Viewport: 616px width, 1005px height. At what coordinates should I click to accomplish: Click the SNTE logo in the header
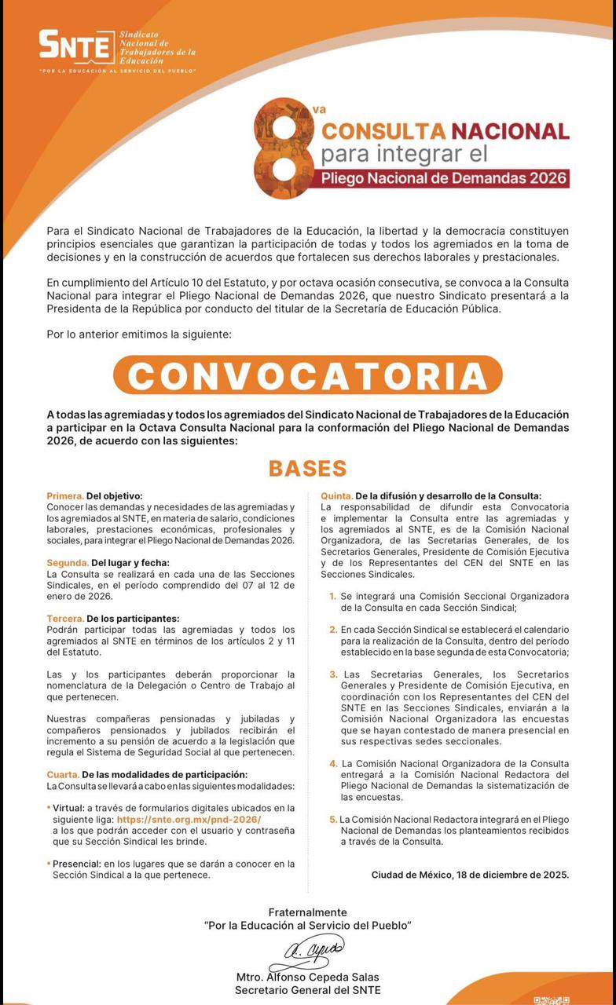77,46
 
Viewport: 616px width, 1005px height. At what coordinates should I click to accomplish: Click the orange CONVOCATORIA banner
307,375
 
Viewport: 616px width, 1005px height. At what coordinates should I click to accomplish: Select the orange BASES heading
307,469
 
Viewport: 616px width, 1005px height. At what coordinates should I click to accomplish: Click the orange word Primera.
64,496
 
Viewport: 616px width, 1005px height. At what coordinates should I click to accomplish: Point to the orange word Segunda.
68,563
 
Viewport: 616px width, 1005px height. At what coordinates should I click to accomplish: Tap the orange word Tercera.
65,619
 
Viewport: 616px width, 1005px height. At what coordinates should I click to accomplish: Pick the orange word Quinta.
336,496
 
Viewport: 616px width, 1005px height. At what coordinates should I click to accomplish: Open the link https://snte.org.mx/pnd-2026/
189,819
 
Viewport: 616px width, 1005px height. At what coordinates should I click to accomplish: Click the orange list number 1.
333,597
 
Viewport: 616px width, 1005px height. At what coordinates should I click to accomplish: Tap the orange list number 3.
333,674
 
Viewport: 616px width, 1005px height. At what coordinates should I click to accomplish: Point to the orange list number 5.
333,820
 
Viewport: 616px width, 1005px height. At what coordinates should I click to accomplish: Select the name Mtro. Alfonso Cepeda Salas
307,978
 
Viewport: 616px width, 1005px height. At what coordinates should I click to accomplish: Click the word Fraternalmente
307,912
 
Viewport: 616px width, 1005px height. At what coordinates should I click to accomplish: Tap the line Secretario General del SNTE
307,990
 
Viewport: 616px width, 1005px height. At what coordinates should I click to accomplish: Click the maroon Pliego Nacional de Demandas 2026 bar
443,177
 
